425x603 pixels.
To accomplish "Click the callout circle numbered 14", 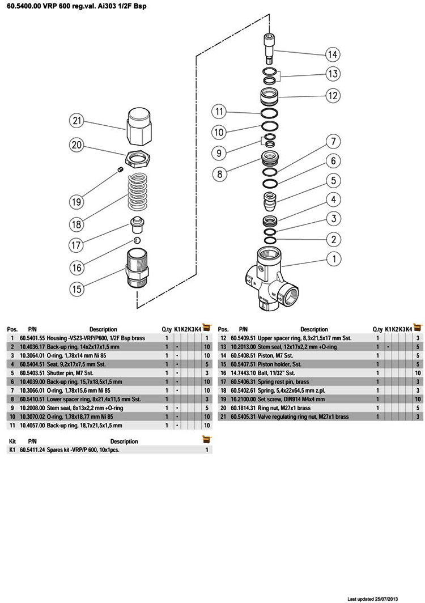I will click(x=333, y=55).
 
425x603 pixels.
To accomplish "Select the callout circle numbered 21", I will click(x=76, y=120).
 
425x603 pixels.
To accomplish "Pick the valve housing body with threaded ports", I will click(x=270, y=276).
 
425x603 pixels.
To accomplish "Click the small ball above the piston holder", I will click(x=137, y=240).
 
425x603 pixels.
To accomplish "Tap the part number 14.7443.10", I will click(x=243, y=373).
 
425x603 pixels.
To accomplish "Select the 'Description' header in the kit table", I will click(x=124, y=441).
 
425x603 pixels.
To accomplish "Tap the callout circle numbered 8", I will click(x=220, y=173).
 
